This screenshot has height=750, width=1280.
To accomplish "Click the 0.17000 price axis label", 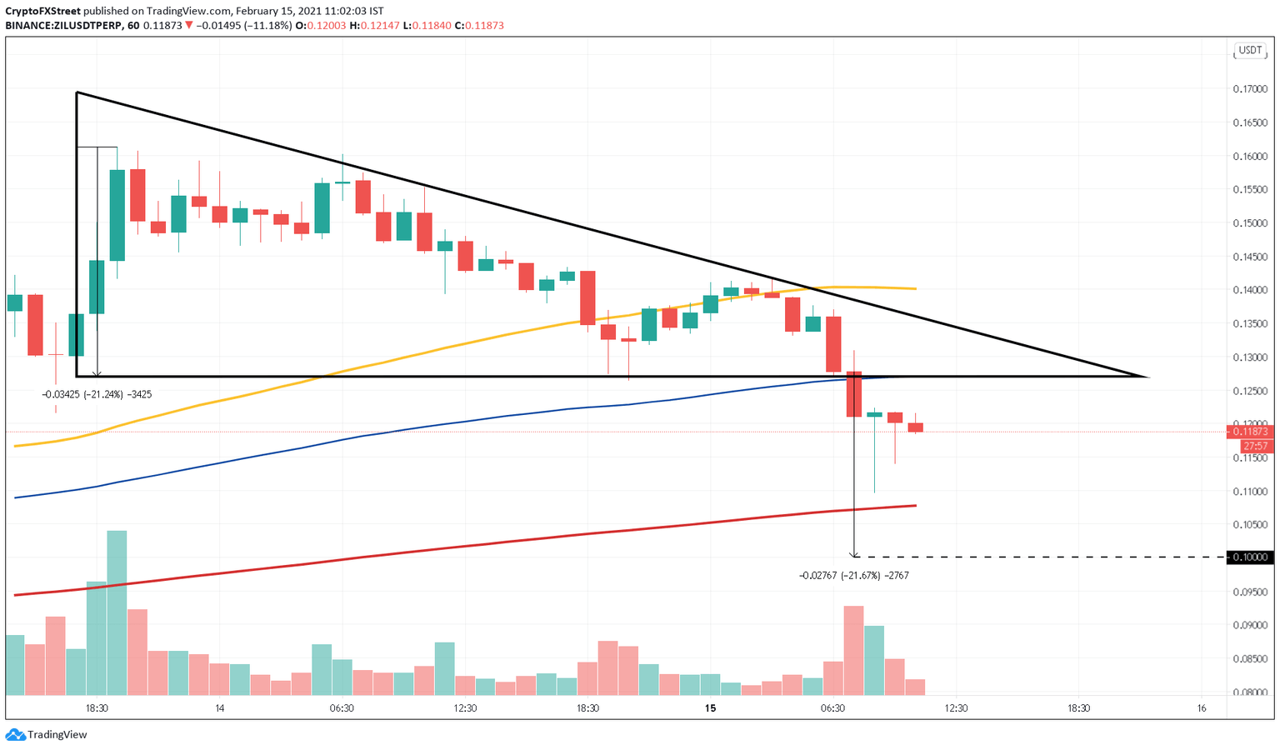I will (1249, 88).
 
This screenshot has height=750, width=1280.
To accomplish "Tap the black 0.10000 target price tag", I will (1249, 557).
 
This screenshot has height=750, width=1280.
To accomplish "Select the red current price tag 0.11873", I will (1249, 431).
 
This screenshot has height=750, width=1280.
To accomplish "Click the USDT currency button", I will (1250, 50).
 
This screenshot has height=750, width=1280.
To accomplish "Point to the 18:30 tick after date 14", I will (587, 708).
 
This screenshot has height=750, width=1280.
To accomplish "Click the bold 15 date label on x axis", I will (710, 708).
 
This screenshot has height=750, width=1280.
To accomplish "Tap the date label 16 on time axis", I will (1201, 708).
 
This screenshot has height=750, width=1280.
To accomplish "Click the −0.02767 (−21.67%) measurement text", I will (853, 575).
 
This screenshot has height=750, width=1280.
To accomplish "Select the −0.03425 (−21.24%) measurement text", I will (97, 394).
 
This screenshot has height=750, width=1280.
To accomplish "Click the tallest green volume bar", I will (117, 612).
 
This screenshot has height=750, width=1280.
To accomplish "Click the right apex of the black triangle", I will (1147, 377).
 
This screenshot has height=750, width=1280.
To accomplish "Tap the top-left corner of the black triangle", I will (77, 92).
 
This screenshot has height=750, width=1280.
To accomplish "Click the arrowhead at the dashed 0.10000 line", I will (854, 554).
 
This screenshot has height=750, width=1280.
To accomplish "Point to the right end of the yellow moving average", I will (915, 288).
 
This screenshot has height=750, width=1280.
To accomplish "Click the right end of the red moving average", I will (915, 506).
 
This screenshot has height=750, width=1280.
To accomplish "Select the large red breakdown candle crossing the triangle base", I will (853, 394).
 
